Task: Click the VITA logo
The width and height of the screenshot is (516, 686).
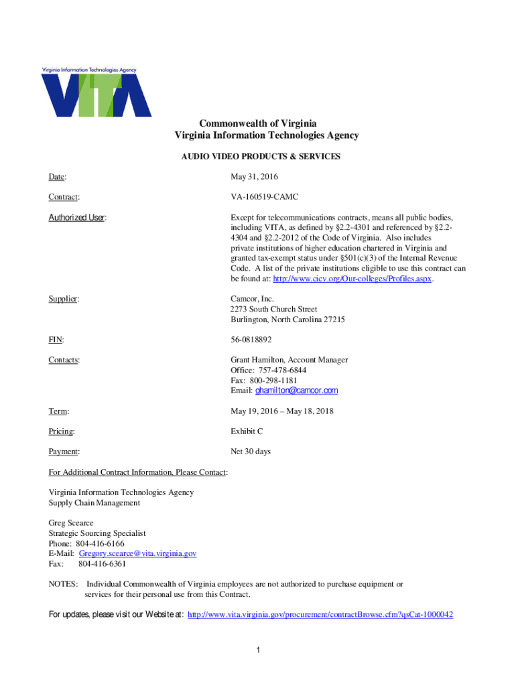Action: point(96,92)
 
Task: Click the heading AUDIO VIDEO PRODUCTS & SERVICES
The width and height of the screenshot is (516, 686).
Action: point(261,157)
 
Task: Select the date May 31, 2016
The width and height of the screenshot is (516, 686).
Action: point(254,177)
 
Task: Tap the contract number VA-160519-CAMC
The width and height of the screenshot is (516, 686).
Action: point(265,198)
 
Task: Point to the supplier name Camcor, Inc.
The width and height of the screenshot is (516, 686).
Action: point(253,299)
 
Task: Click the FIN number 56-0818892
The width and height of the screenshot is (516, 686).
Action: point(251,340)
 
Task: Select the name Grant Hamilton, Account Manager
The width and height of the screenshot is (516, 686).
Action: point(289,360)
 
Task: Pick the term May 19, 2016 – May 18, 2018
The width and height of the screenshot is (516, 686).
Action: point(282,411)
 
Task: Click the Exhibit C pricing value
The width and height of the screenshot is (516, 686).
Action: point(247,431)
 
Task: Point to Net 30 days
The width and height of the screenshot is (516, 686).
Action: point(251,452)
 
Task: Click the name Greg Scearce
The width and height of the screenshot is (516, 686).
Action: point(71,523)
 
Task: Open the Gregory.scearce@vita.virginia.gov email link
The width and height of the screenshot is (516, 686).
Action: point(137,554)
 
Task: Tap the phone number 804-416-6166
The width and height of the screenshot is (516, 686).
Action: point(101,543)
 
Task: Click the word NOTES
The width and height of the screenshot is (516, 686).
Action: point(63,584)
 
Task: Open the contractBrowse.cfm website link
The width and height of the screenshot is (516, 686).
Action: point(320,614)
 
